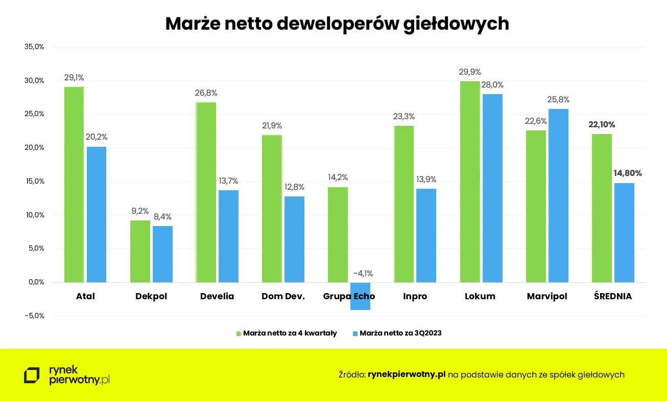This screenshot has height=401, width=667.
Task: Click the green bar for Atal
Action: pyautogui.click(x=74, y=184)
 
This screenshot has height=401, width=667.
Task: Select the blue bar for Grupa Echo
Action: pyautogui.click(x=360, y=296)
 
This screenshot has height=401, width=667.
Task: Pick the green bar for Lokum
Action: pyautogui.click(x=470, y=182)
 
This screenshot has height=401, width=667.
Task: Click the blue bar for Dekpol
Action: pyautogui.click(x=162, y=254)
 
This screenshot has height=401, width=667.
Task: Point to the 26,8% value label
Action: pyautogui.click(x=206, y=93)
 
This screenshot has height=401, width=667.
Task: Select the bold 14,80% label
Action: pyautogui.click(x=627, y=173)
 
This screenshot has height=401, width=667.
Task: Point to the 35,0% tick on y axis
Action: pyautogui.click(x=34, y=47)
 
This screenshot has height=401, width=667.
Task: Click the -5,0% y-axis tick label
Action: pyautogui.click(x=34, y=316)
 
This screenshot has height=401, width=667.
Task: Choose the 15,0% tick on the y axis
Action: pyautogui.click(x=34, y=181)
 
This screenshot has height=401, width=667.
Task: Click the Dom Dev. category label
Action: pyautogui.click(x=283, y=296)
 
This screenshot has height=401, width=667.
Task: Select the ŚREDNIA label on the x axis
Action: pyautogui.click(x=612, y=296)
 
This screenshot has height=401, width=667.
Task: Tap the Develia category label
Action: pyautogui.click(x=217, y=296)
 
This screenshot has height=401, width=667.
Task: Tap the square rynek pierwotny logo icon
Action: pyautogui.click(x=32, y=375)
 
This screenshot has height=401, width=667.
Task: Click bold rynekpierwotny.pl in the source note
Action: pyautogui.click(x=407, y=374)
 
